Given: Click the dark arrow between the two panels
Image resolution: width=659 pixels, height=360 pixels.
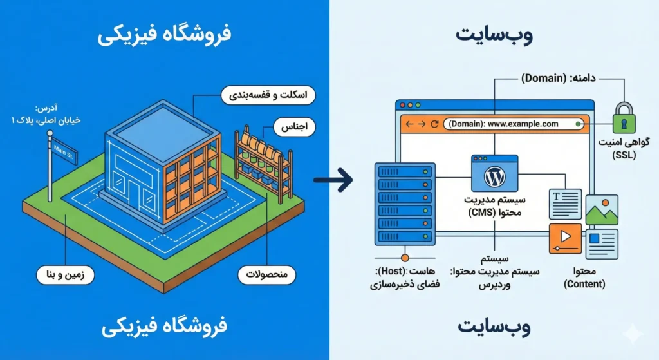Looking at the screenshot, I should click(336, 180).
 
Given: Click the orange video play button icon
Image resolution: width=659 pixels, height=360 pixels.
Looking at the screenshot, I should click(565, 238).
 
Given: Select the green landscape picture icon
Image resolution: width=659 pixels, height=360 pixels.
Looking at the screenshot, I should click(602, 211).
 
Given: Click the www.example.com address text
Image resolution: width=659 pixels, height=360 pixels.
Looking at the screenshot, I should click(523, 124).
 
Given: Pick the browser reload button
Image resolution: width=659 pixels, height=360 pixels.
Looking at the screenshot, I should click(434, 124).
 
